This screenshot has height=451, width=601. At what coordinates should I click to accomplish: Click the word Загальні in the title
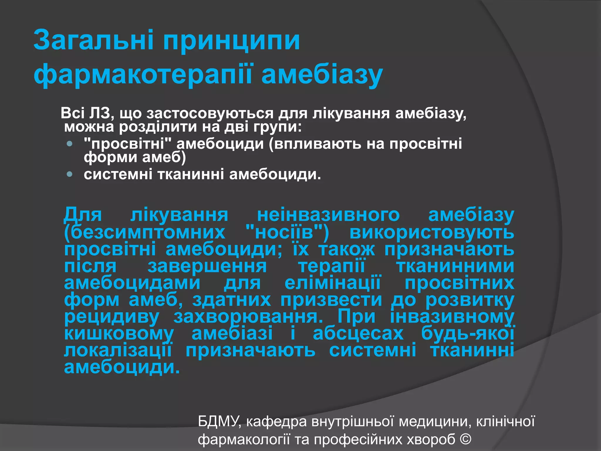click(93, 40)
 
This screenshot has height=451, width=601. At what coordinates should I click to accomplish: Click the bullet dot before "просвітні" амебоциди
click(70, 144)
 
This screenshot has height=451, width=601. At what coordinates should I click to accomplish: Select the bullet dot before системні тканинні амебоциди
click(70, 174)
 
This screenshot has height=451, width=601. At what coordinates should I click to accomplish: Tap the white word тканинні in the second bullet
click(191, 174)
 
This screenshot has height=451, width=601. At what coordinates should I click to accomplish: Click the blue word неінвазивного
click(328, 215)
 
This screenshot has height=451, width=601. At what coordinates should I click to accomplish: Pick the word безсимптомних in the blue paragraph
click(145, 233)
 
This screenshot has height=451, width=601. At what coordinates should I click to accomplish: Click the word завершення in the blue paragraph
click(207, 266)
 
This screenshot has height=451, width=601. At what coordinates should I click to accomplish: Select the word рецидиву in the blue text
click(112, 317)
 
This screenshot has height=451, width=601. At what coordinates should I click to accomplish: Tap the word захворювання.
click(248, 317)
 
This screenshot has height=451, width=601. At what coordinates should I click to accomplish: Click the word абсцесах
click(358, 334)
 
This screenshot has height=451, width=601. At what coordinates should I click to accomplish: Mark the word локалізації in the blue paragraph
click(118, 351)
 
